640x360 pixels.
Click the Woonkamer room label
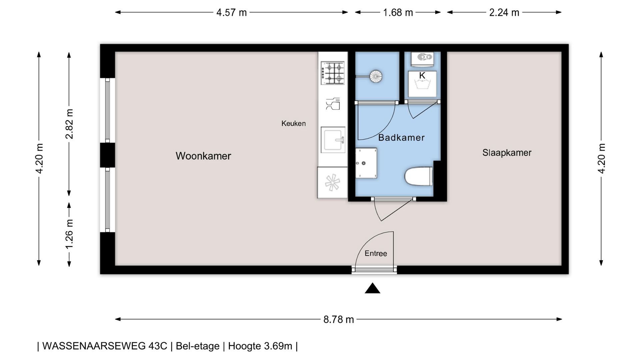coord(203,156)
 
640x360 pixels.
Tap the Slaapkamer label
coord(507,153)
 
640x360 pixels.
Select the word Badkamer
coord(401,137)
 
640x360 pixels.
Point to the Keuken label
coord(293,123)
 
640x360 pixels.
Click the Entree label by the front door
coord(376,253)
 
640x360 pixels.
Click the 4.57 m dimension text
coord(231,13)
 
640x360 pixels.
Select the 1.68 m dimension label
coord(398,13)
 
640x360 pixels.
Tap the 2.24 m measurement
coord(504,13)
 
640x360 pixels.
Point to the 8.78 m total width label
coord(338,319)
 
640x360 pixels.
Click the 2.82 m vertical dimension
coord(69,124)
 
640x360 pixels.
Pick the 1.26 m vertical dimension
coord(69,234)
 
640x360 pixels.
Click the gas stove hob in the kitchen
coord(333,73)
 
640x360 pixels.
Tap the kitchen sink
coord(333,139)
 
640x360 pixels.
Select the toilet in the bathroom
coord(419,176)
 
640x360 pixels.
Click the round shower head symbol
coord(376,76)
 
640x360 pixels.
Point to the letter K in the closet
coord(422,76)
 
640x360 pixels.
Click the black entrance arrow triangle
coord(372,288)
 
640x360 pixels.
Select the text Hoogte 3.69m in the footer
coord(260,346)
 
